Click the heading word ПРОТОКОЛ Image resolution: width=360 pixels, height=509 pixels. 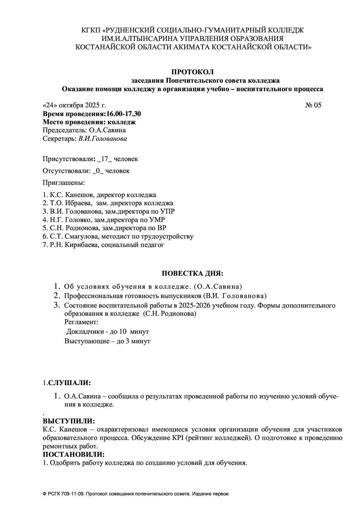[192, 72]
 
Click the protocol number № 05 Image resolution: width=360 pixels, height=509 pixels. [313, 105]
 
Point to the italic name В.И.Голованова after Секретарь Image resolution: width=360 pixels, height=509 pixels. [102, 139]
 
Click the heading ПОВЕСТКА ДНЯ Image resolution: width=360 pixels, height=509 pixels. [192, 274]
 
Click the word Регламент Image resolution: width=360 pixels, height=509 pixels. [81, 322]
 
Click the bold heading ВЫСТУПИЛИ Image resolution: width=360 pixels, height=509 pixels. [69, 421]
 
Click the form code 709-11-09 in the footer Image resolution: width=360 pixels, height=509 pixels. [73, 494]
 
